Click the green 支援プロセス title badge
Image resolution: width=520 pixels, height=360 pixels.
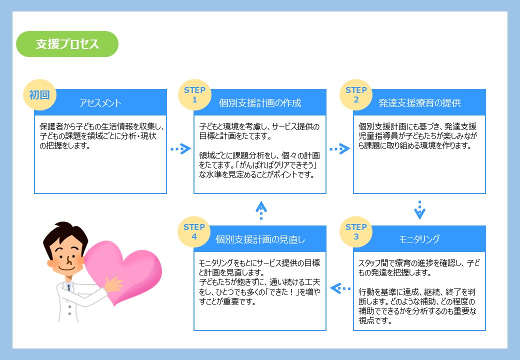(67, 44)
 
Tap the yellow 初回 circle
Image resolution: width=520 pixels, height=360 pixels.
(39, 95)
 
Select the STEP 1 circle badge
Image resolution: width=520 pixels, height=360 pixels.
(194, 95)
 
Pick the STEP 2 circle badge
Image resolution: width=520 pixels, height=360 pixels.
(356, 95)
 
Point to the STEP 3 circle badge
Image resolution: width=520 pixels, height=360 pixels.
(356, 231)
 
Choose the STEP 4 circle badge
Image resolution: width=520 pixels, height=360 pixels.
(194, 231)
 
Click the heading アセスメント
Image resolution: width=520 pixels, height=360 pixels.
(100, 103)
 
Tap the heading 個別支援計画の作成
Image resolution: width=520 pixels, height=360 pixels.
(260, 103)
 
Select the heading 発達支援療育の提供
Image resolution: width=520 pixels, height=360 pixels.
(419, 103)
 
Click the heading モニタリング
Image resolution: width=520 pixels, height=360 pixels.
(419, 239)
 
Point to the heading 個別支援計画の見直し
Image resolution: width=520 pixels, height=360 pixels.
(260, 239)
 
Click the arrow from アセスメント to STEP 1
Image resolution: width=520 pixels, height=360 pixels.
(180, 149)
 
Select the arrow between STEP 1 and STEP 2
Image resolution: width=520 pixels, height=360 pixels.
(339, 149)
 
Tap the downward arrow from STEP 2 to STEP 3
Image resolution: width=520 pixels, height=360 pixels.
(419, 210)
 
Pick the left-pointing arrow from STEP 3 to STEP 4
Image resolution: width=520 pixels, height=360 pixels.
(340, 288)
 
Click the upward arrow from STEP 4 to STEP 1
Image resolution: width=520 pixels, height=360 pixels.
(261, 210)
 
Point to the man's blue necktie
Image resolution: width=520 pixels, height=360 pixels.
(68, 287)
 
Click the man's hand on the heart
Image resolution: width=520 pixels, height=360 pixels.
(113, 284)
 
